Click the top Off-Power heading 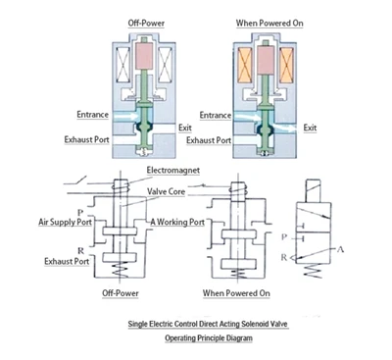click(146, 24)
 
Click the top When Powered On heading click(269, 24)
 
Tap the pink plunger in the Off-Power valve click(144, 56)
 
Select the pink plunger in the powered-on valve click(266, 60)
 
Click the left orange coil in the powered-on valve click(245, 65)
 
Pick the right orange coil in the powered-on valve click(286, 65)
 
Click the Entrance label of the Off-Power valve click(92, 115)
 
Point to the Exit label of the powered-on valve click(310, 128)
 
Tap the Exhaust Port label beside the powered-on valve click(209, 140)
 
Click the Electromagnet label click(173, 171)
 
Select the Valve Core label click(166, 191)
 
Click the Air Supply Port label click(65, 222)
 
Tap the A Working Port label click(177, 222)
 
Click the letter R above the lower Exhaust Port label click(80, 251)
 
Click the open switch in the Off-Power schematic click(79, 180)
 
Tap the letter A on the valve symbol click(340, 249)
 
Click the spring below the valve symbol click(313, 271)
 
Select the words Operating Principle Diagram click(209, 337)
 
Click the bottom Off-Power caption click(121, 293)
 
